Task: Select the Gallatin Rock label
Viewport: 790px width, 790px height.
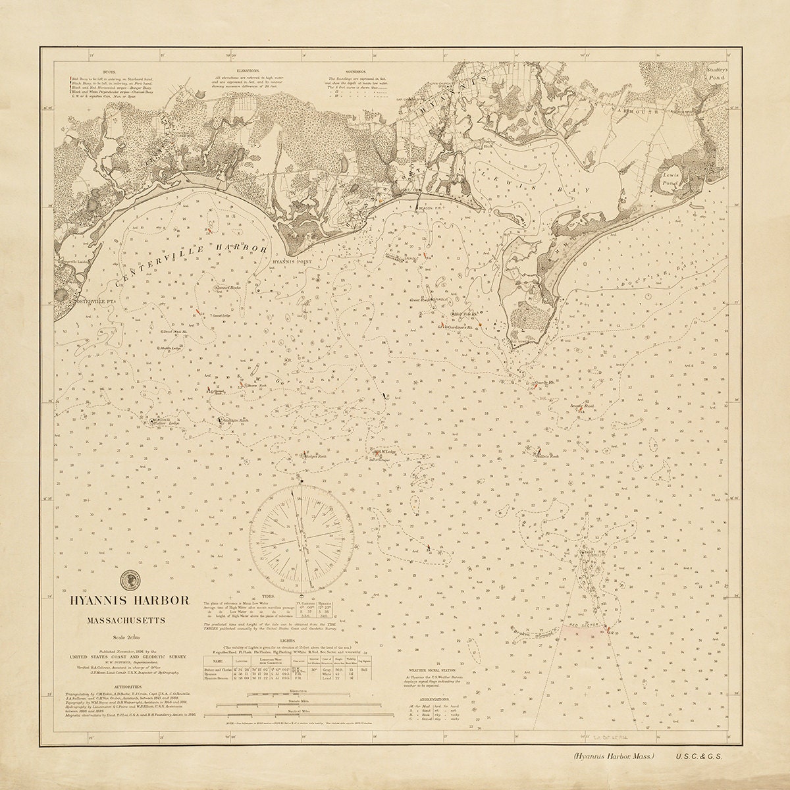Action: [x=234, y=419]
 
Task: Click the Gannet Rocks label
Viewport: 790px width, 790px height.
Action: [x=228, y=288]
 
